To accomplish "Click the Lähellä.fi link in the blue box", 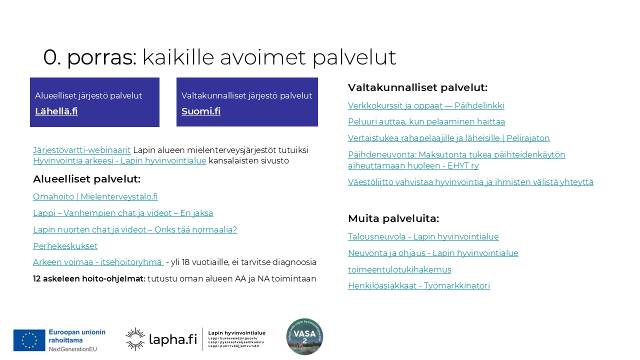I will [56, 111].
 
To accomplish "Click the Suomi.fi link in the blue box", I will [201, 111].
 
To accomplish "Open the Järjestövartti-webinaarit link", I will [82, 150].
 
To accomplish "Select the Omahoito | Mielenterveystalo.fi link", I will [95, 197].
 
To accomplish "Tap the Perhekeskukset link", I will [65, 246].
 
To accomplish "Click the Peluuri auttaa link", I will [426, 122].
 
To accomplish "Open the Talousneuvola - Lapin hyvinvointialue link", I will [423, 237].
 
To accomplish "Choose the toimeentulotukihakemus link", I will [399, 270].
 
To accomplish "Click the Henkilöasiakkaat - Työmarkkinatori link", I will [418, 286].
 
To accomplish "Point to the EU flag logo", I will [29, 340].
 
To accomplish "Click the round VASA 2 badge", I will [304, 336].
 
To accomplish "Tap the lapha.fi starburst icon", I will [135, 339].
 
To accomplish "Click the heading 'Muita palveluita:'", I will [393, 218].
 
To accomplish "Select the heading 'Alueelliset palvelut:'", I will [86, 179].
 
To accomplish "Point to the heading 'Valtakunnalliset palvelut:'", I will [417, 87].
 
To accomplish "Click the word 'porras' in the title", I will [101, 57].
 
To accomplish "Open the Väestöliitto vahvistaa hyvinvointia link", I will [470, 182].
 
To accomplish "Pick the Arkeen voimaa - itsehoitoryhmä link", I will [98, 262].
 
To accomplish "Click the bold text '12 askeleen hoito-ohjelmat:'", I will [89, 279].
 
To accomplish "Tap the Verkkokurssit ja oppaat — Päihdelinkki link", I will [426, 106].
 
